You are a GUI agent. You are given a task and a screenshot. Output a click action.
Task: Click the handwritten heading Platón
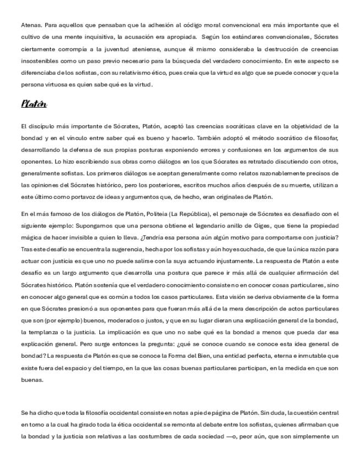[34, 104]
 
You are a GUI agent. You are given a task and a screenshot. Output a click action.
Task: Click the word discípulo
[41, 126]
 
